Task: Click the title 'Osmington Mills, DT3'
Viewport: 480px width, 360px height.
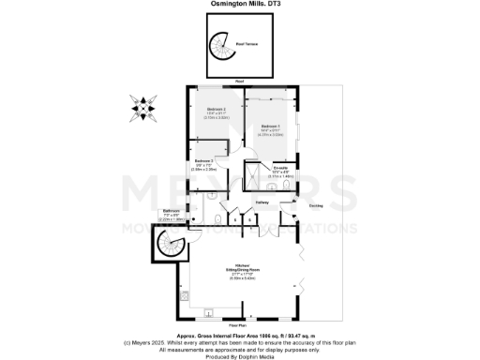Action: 240,4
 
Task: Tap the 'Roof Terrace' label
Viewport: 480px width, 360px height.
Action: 247,44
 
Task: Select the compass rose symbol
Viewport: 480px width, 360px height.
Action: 142,109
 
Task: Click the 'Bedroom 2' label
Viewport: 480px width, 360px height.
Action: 217,109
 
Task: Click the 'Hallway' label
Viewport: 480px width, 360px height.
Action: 264,202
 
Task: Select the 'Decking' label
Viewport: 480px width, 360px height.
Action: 317,202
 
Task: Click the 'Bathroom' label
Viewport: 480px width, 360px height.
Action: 171,210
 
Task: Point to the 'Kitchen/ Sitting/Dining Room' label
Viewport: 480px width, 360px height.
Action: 247,268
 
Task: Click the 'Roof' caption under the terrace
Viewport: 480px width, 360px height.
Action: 240,82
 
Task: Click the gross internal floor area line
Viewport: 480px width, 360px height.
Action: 240,335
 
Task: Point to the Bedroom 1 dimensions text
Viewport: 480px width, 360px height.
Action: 271,131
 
